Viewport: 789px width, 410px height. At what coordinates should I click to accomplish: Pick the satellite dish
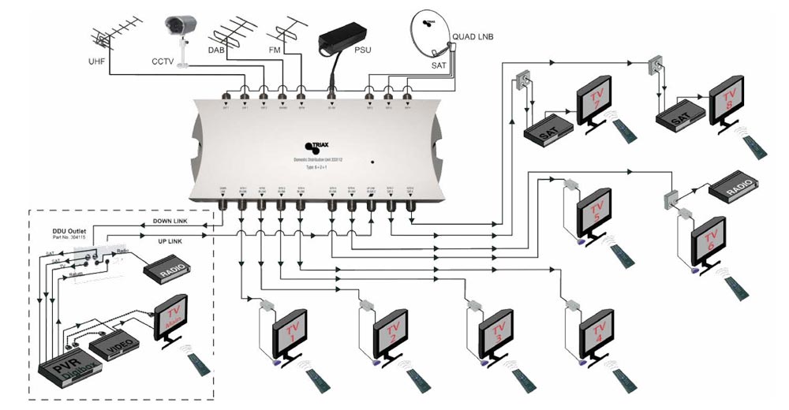429,39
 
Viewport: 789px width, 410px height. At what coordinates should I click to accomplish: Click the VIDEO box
110,345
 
